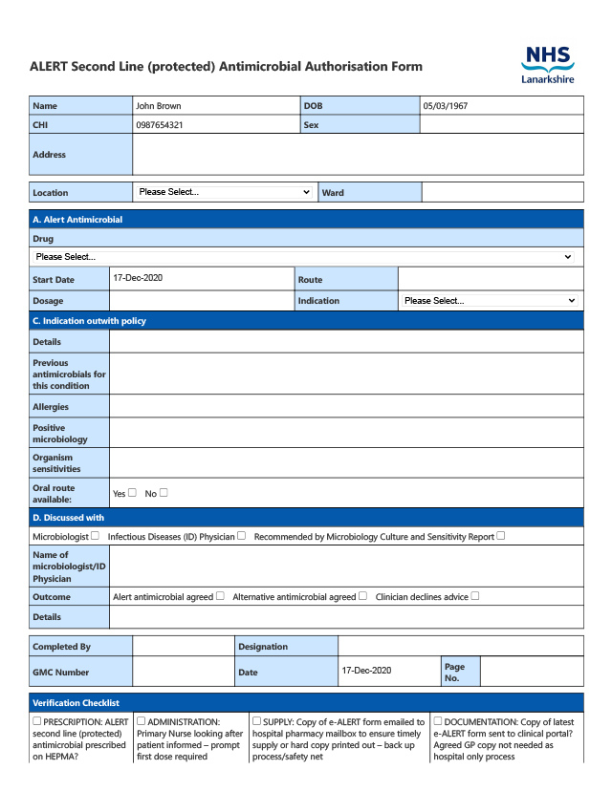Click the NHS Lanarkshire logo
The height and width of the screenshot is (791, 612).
click(548, 65)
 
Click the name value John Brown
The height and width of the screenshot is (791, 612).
click(158, 106)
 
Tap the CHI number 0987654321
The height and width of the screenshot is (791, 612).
click(160, 125)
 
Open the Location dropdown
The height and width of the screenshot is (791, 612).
click(225, 192)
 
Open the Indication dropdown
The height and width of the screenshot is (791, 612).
click(490, 301)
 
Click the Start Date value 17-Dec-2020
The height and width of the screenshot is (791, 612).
click(138, 278)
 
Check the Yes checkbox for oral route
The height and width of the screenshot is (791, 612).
click(133, 493)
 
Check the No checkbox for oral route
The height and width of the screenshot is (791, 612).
click(164, 493)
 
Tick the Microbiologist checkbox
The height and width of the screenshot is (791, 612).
click(95, 536)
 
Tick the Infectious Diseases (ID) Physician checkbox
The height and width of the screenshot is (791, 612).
click(242, 536)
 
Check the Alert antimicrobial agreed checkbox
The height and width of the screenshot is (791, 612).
click(221, 596)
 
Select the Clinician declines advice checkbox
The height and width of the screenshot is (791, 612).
click(475, 596)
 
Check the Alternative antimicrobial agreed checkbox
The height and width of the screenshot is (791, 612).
click(363, 596)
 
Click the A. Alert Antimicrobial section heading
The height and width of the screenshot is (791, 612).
click(77, 220)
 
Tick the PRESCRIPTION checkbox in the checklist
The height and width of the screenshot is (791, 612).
click(37, 721)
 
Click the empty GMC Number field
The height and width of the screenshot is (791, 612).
click(183, 672)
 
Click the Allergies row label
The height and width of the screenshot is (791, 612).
click(51, 407)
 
